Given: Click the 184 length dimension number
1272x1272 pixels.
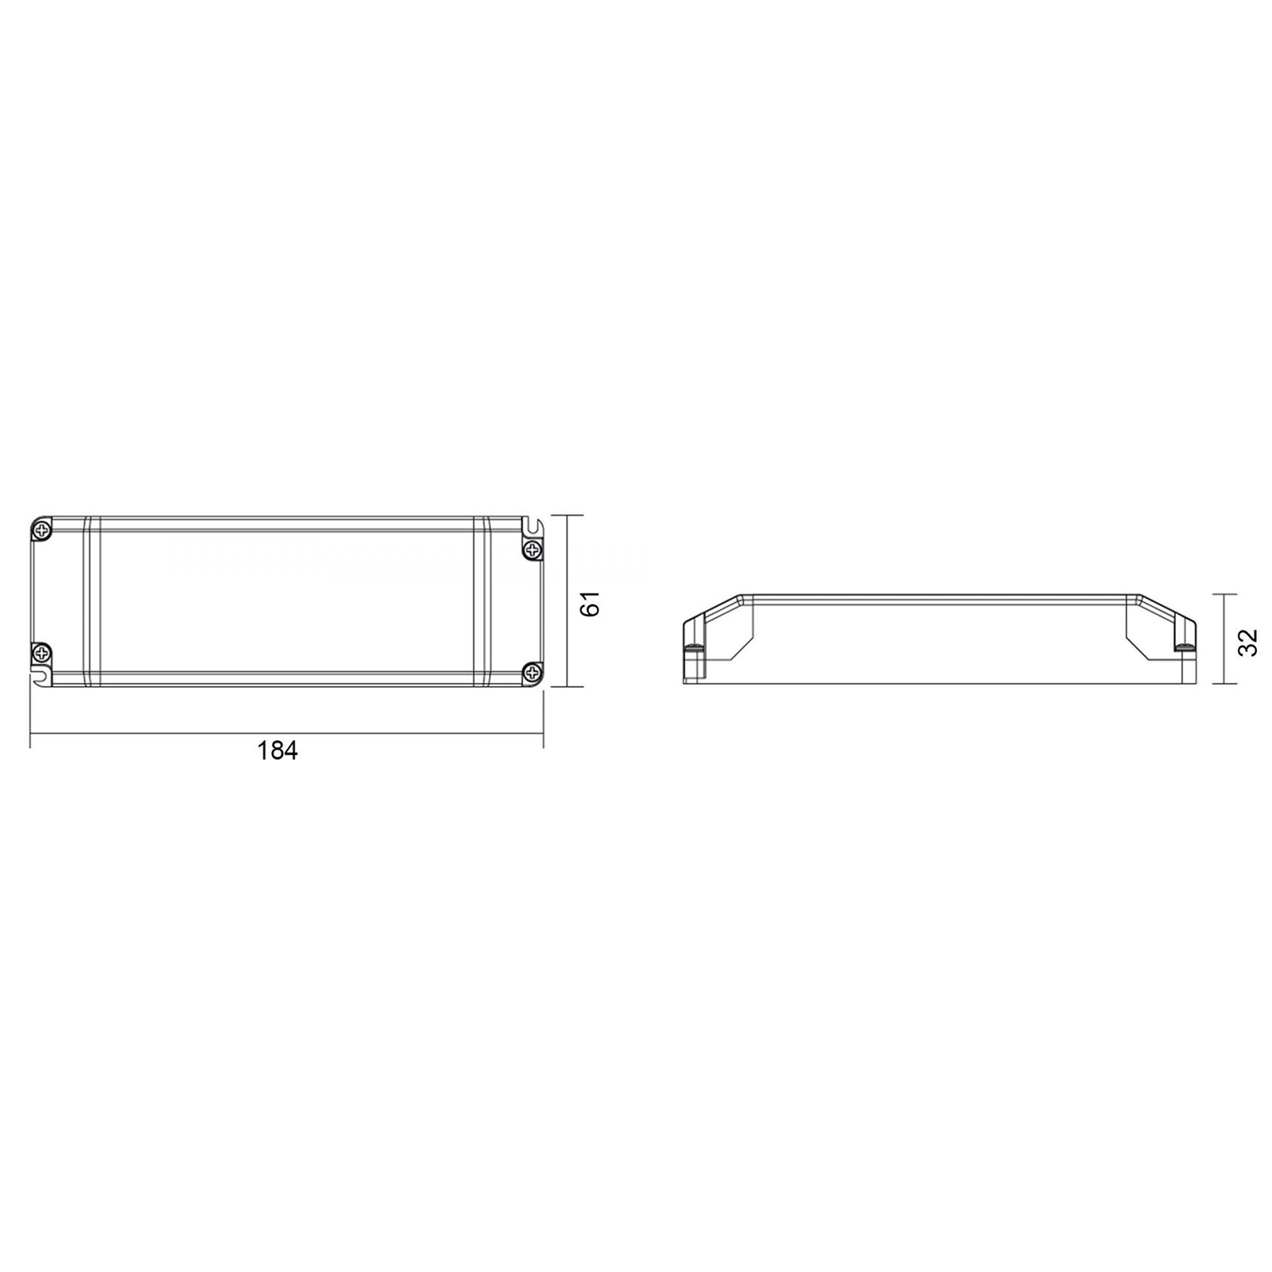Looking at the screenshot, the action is [x=277, y=750].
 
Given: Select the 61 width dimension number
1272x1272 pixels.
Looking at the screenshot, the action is [x=590, y=603].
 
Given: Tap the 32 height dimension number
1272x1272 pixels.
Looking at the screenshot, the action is [x=1248, y=642].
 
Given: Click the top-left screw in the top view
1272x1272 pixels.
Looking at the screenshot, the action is [x=41, y=529].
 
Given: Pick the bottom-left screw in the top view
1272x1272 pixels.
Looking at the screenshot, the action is [x=41, y=653].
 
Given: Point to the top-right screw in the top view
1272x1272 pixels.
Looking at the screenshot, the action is [x=532, y=549].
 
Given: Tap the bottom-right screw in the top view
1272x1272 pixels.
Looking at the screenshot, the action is [x=532, y=673].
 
